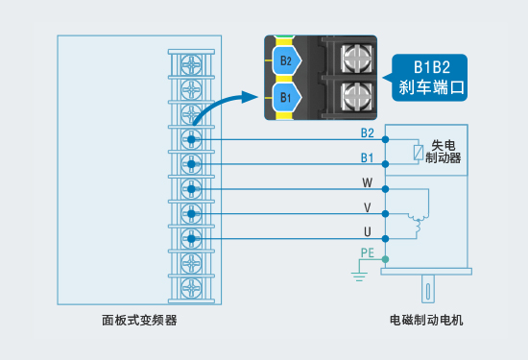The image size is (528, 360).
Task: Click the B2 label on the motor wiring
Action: tap(368, 133)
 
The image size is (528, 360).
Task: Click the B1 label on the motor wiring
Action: tap(367, 157)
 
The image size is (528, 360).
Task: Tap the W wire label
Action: tap(368, 182)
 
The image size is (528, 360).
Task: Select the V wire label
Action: tap(368, 207)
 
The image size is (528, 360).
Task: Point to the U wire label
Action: tap(368, 232)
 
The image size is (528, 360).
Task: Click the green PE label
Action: tap(368, 252)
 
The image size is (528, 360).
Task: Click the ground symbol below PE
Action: tap(359, 276)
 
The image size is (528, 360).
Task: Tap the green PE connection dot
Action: tap(386, 259)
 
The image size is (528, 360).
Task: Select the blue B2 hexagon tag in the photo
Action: tap(287, 60)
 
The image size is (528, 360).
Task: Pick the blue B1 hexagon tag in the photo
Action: tap(287, 97)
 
